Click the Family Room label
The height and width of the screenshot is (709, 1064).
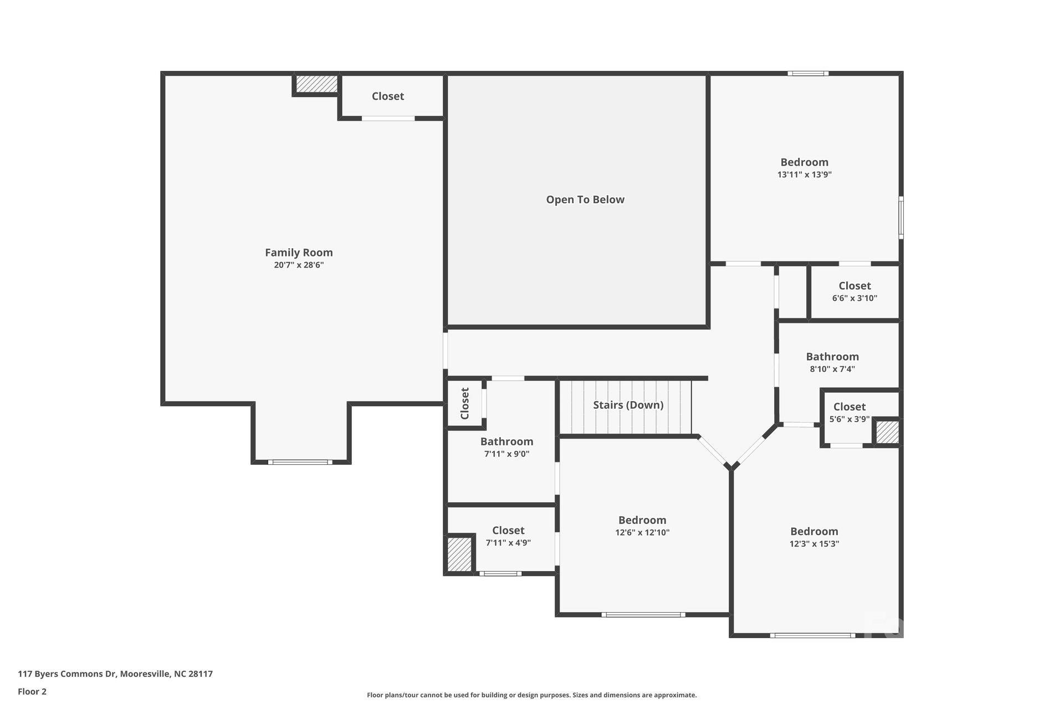[299, 253]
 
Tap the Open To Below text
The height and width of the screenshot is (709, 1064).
[585, 200]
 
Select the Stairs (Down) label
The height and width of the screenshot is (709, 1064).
[628, 405]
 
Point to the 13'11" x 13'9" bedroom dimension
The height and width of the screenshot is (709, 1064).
[804, 174]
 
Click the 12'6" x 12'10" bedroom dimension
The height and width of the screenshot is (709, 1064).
[642, 533]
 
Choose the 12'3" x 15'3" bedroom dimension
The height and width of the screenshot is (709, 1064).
[814, 544]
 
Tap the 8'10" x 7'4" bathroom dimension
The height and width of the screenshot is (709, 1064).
[832, 369]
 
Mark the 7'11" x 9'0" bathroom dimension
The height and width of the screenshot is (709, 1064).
[507, 454]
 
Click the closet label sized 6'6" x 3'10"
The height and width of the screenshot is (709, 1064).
[855, 286]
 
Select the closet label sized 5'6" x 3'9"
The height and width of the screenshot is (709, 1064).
[849, 407]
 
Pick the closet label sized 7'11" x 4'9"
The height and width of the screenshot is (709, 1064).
[508, 531]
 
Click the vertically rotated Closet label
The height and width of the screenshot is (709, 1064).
[465, 403]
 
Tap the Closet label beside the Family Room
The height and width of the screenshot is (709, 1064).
[387, 96]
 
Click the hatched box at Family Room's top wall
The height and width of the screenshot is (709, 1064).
[316, 84]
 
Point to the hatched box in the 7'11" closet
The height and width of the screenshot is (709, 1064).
[459, 554]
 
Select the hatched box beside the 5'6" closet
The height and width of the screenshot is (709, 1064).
[887, 432]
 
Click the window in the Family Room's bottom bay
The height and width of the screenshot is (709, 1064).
[300, 462]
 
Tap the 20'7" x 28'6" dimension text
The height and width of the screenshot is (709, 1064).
[299, 265]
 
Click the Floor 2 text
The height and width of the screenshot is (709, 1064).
[32, 691]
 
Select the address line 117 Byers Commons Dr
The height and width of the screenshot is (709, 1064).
[115, 674]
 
